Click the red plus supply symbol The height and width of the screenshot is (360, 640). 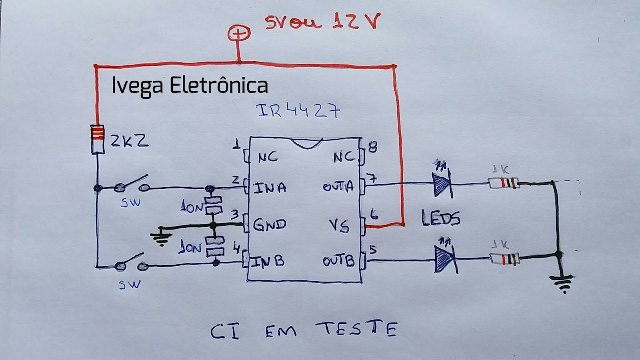pyautogui.click(x=239, y=34)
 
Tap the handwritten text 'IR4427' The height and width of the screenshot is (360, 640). pyautogui.click(x=298, y=111)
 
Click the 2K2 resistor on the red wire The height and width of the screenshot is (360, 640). pyautogui.click(x=98, y=139)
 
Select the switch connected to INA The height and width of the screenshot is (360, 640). pyautogui.click(x=131, y=185)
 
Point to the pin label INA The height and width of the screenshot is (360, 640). pyautogui.click(x=270, y=188)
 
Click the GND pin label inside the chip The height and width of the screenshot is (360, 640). pyautogui.click(x=270, y=224)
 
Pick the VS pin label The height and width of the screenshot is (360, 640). pyautogui.click(x=339, y=226)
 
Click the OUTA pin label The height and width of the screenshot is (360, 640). pyautogui.click(x=338, y=187)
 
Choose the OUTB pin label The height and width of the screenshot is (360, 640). pyautogui.click(x=338, y=261)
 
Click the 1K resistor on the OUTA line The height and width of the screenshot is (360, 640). pyautogui.click(x=504, y=184)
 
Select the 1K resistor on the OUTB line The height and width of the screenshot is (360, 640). pyautogui.click(x=505, y=259)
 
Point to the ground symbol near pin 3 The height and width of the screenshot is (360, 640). pyautogui.click(x=161, y=237)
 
